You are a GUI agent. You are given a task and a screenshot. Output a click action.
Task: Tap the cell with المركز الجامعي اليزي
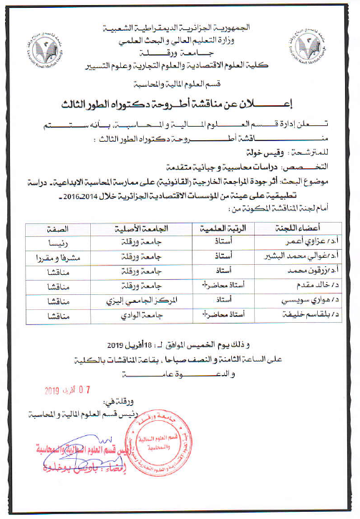pyautogui.click(x=145, y=304)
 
